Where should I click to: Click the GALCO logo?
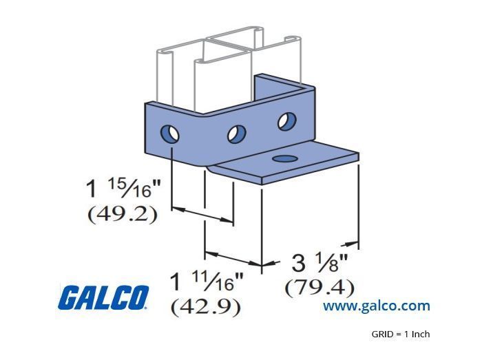[x=103, y=297]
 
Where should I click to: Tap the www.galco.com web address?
[x=376, y=306]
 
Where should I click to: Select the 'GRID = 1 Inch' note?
[x=401, y=334]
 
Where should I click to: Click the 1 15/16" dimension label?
[x=123, y=188]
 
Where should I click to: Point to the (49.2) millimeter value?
[x=123, y=214]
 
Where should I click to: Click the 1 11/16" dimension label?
[x=207, y=282]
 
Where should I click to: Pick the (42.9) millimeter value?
[x=206, y=307]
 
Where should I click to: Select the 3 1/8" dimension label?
[x=319, y=263]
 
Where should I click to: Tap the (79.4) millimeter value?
[x=319, y=288]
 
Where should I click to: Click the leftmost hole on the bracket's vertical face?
[x=169, y=134]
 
